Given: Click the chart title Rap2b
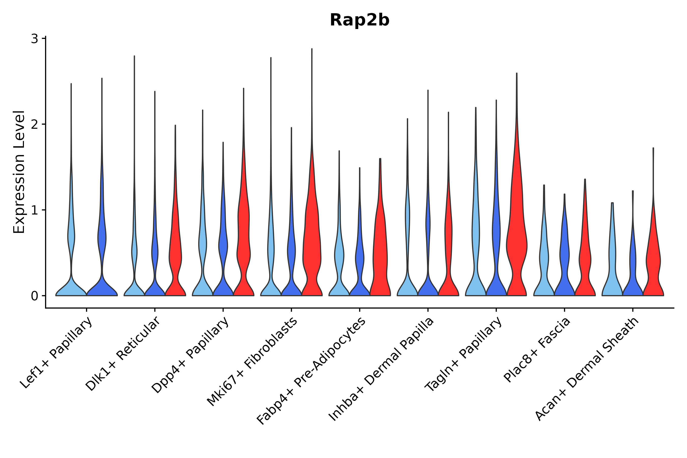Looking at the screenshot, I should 359,20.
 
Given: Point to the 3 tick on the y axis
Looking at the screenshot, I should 34,39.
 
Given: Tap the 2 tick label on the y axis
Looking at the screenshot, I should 34,124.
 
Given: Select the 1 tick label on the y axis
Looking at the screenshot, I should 34,210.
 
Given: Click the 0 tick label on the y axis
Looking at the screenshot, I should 34,296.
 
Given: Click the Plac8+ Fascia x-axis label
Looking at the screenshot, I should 537,350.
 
